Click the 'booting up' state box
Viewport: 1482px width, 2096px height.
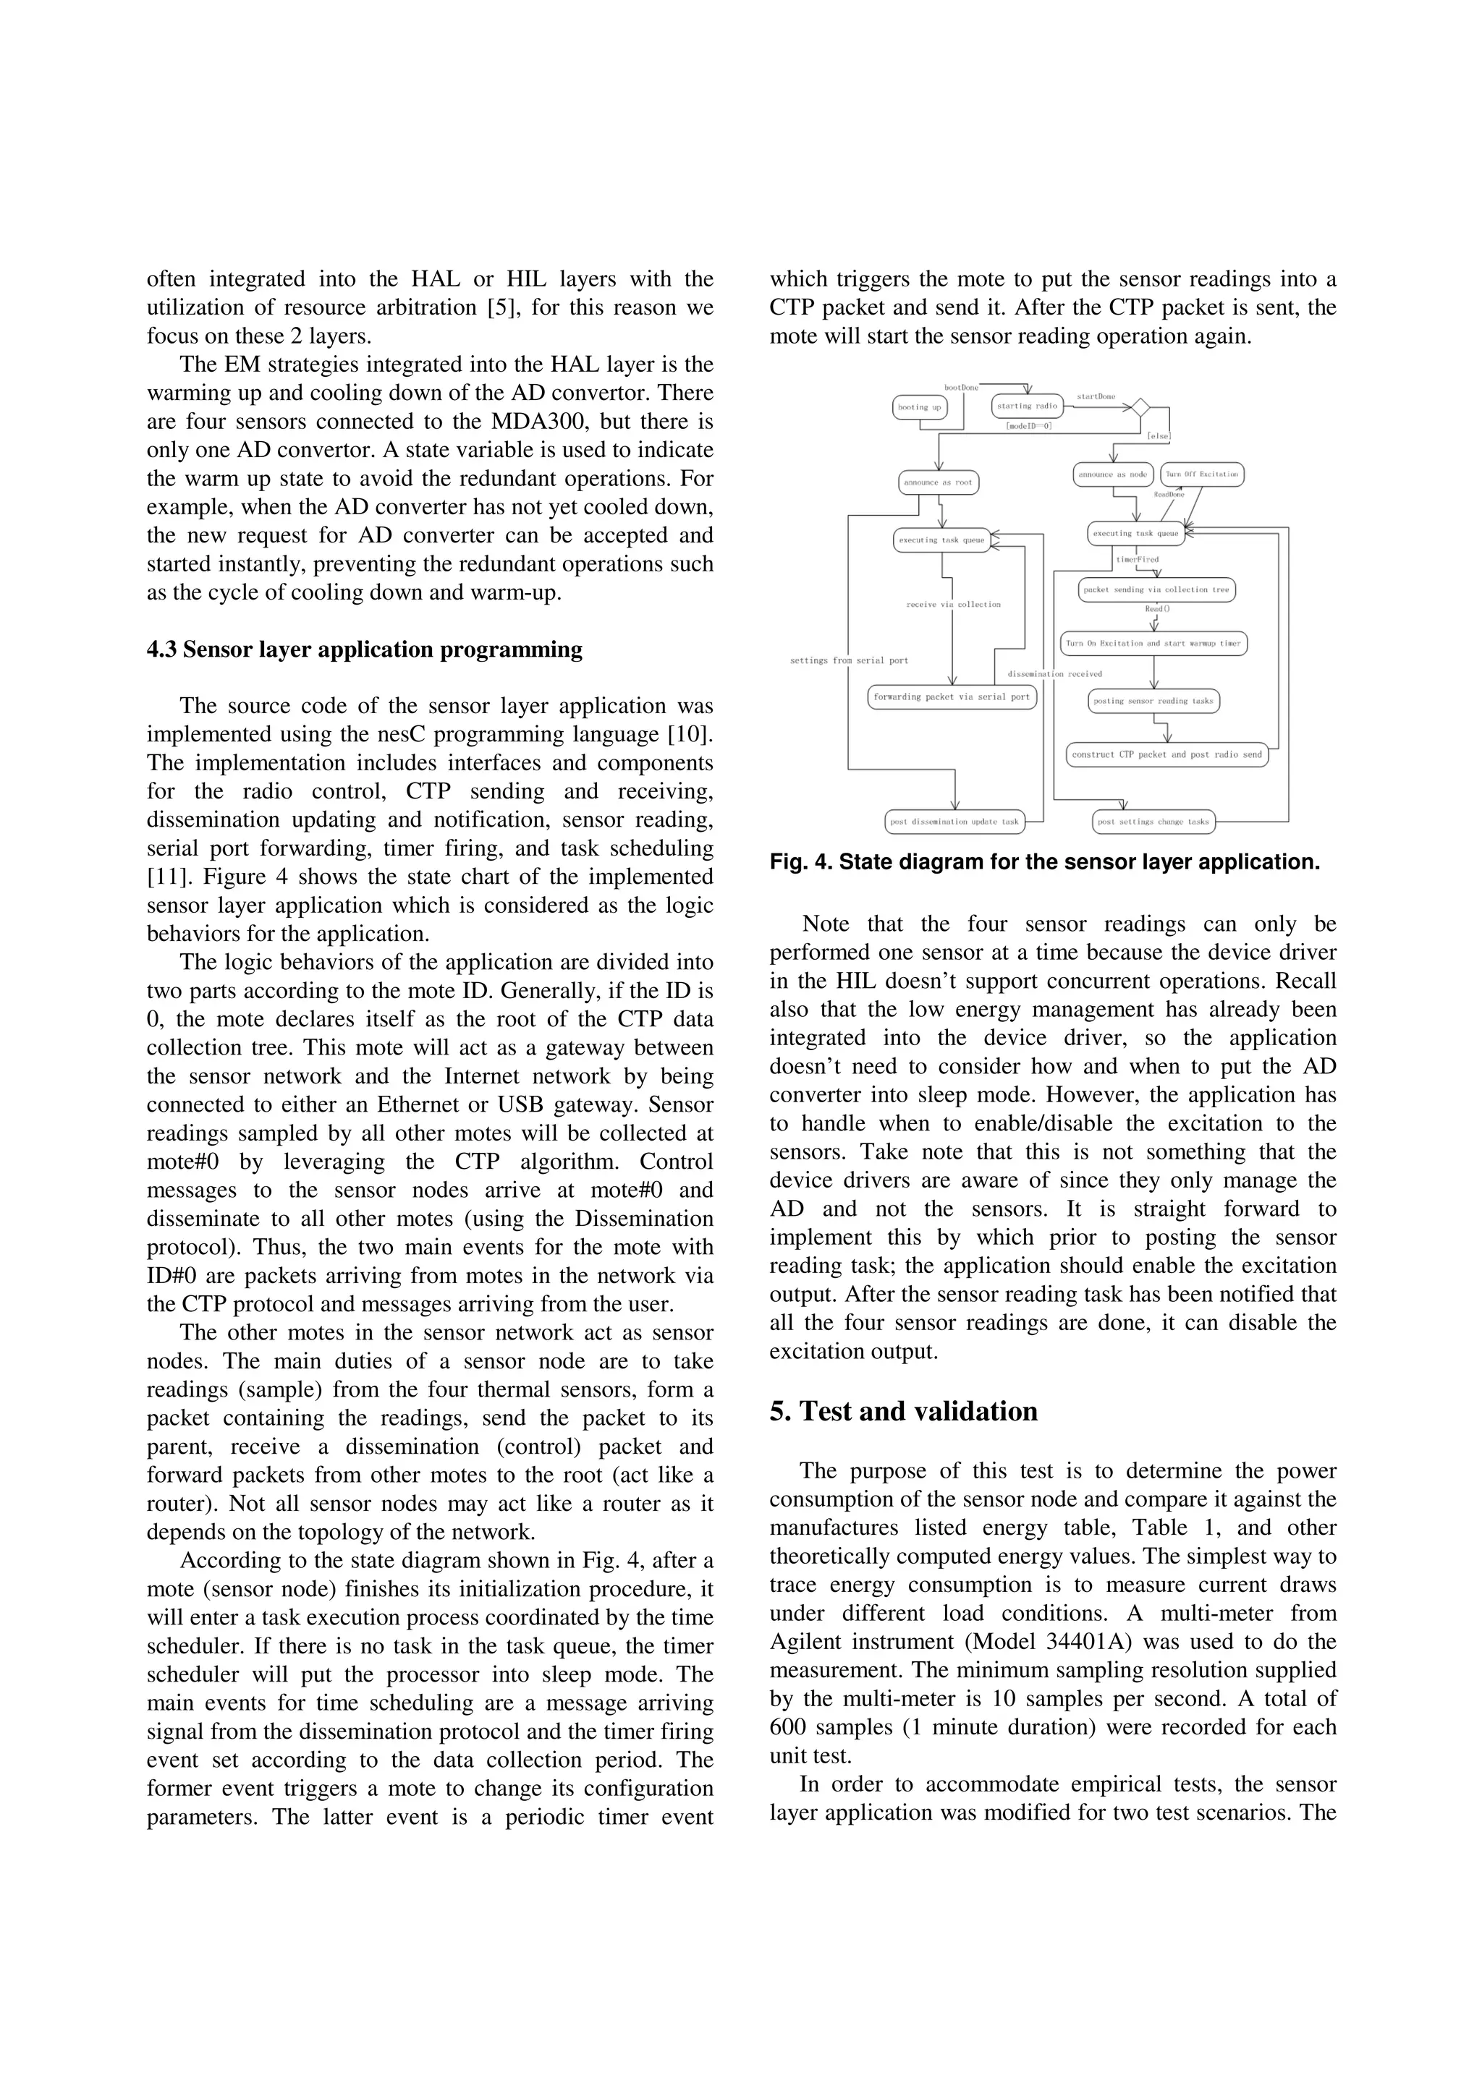point(920,407)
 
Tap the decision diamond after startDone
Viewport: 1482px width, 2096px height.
point(1140,407)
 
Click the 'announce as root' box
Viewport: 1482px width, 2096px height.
point(938,482)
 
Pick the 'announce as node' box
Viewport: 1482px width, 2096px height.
point(1113,474)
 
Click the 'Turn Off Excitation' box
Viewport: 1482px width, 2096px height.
point(1202,474)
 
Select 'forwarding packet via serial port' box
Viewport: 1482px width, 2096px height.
point(952,696)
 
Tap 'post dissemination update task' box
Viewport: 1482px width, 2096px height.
point(954,822)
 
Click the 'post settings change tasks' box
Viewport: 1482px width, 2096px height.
point(1153,822)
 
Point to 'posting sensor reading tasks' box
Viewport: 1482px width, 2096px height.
point(1154,701)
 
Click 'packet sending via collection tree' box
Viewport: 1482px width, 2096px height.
point(1156,589)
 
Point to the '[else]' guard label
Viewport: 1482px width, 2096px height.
point(1159,436)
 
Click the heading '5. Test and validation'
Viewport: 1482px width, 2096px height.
point(903,1413)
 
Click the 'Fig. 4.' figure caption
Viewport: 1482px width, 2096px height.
point(1045,862)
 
